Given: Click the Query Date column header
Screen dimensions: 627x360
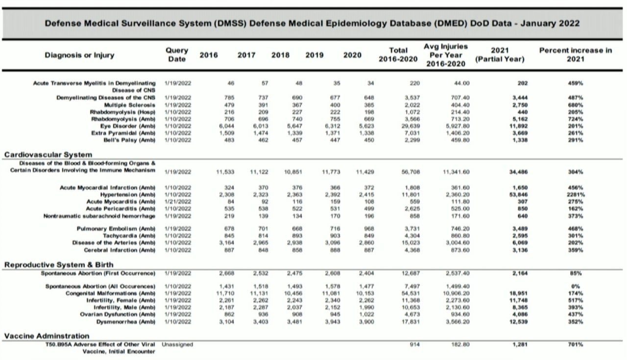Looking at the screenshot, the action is pos(177,54).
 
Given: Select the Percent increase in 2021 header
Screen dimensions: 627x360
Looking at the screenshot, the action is pos(576,54).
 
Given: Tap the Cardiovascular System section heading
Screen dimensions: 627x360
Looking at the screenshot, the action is pos(48,154).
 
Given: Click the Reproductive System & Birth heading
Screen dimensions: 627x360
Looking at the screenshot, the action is pos(59,264).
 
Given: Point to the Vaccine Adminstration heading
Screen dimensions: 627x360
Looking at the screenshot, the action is pos(47,336).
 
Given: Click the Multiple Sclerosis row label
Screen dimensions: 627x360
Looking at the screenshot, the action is pos(130,105).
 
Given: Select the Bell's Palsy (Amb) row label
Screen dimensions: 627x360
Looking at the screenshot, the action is pos(129,140).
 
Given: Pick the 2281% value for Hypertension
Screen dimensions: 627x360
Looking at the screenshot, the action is pos(576,194).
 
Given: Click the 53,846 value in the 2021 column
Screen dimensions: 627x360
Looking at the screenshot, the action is pos(518,194).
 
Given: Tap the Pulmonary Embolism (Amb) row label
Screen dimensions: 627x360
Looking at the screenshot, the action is pos(116,229).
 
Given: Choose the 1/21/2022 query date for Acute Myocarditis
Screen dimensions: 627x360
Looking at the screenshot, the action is pos(178,202).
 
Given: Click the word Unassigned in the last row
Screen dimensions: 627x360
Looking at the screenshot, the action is pos(177,344).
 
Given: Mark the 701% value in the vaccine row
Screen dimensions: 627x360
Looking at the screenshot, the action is pos(576,344).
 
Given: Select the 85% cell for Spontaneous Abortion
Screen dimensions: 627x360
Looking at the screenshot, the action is pos(576,273).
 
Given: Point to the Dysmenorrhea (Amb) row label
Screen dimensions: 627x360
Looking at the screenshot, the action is pos(126,322).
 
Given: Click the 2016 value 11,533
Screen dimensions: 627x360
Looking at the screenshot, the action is pos(225,171).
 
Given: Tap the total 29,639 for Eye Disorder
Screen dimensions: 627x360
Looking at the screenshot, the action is pos(410,126).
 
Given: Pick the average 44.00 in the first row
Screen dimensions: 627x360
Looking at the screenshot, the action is pos(462,83).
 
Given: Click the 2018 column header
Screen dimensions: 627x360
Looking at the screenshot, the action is pos(280,55).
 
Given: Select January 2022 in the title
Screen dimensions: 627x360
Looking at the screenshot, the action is pos(550,23).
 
